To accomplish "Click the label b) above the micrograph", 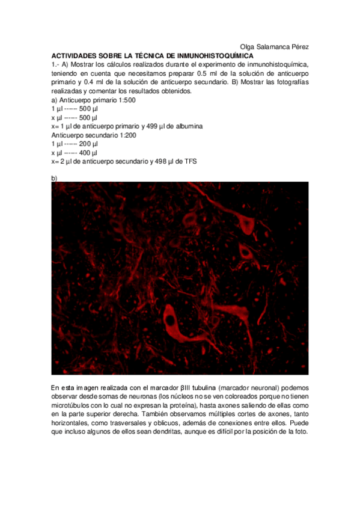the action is point(55,179).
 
